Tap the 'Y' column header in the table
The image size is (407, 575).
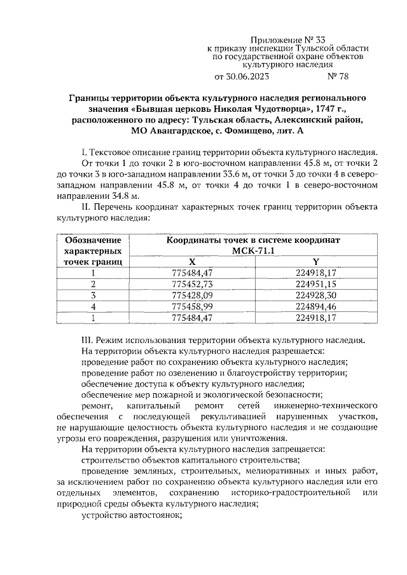click(315, 262)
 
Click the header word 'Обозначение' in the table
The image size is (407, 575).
click(93, 240)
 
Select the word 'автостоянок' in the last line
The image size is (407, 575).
click(155, 515)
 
